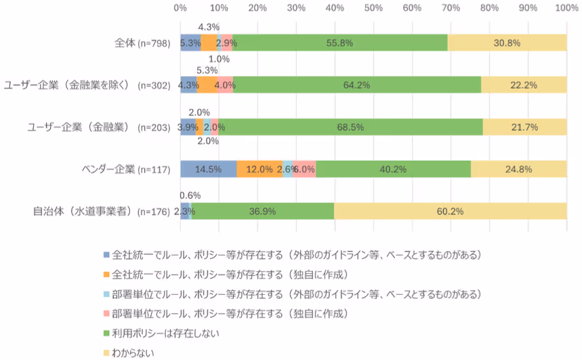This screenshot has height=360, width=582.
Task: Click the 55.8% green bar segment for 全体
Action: (x=339, y=42)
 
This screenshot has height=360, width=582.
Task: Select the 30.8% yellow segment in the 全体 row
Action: (x=507, y=42)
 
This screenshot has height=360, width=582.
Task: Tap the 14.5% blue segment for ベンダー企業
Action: (x=208, y=169)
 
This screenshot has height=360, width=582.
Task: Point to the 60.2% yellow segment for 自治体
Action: (x=451, y=212)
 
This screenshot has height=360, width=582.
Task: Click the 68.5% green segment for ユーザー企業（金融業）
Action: (x=350, y=127)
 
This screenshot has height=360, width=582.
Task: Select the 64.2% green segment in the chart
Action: (x=356, y=85)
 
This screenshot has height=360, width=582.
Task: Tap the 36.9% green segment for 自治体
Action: (x=263, y=212)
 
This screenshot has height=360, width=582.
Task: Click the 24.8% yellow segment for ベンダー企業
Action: (x=518, y=169)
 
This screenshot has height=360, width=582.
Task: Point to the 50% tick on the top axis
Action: (x=373, y=7)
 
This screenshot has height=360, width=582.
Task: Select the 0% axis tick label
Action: (x=180, y=7)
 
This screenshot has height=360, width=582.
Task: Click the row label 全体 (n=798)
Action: (x=138, y=43)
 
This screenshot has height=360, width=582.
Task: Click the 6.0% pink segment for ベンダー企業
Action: (x=304, y=169)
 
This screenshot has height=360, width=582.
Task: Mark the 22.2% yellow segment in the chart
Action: (x=524, y=85)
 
